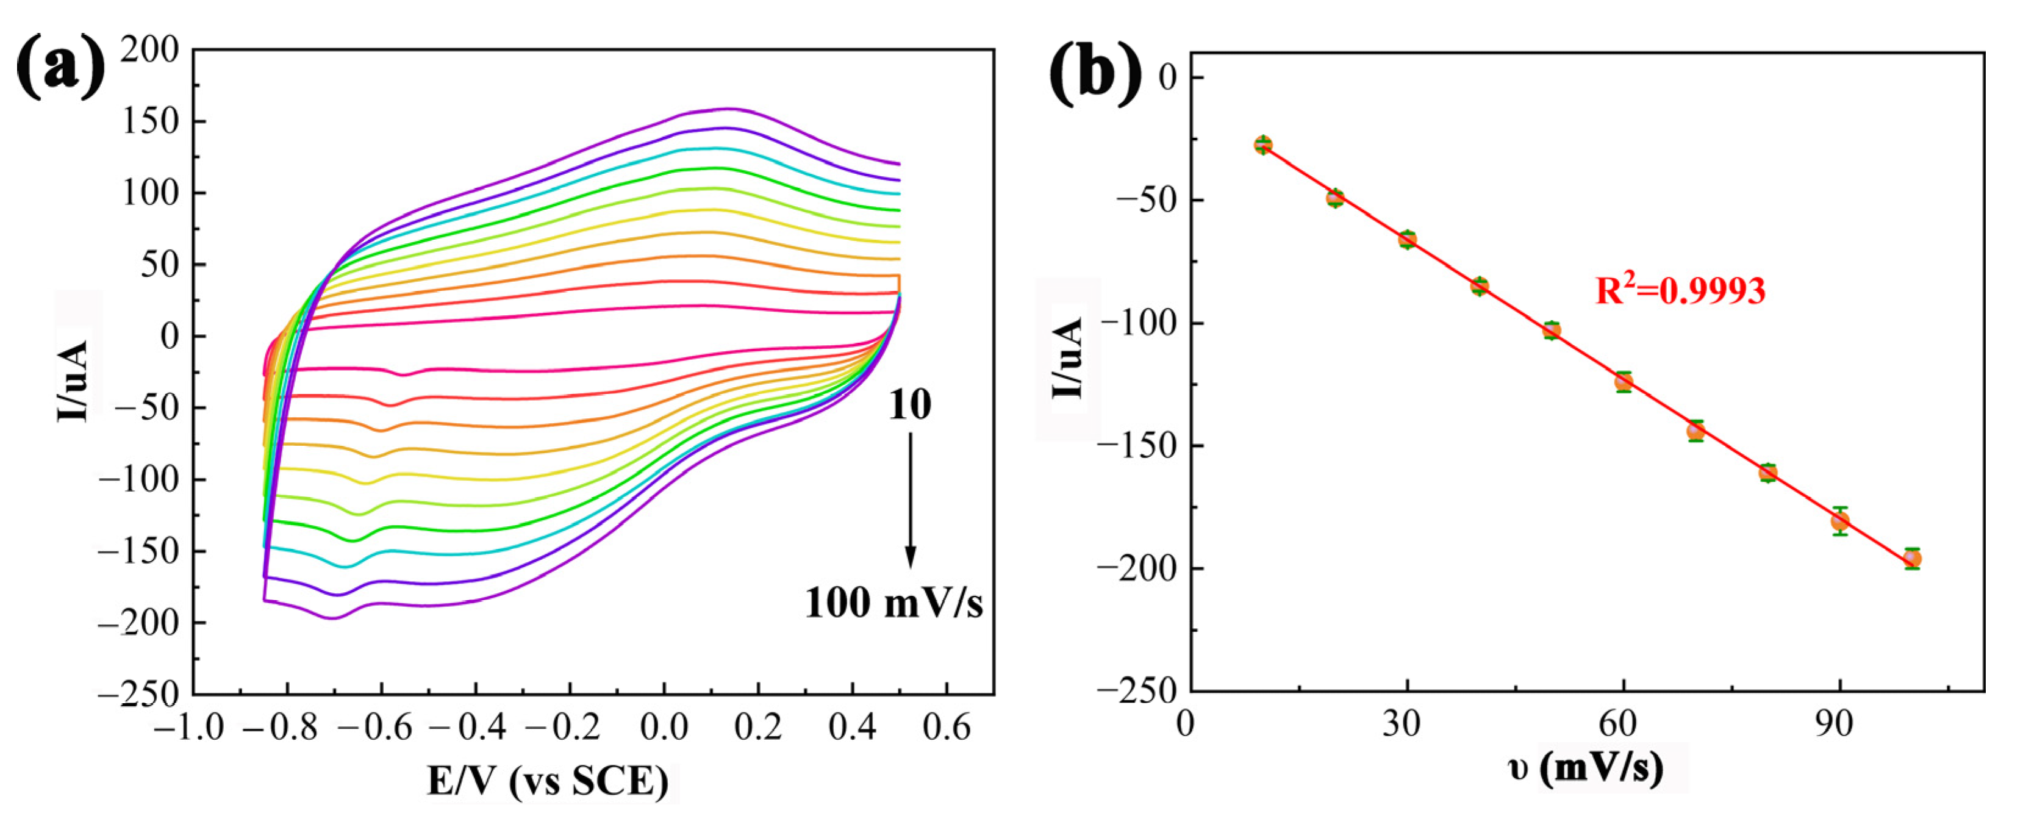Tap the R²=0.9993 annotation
point(1681,290)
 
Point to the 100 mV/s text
point(893,603)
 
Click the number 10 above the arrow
point(909,405)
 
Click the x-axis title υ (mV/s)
point(1586,767)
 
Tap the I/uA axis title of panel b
point(1068,357)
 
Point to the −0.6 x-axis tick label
point(376,728)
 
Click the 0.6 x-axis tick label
point(947,728)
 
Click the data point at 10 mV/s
point(1263,145)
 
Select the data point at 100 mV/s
point(1912,559)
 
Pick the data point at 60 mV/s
point(1624,382)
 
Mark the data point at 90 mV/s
point(1840,521)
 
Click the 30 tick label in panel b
point(1401,723)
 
